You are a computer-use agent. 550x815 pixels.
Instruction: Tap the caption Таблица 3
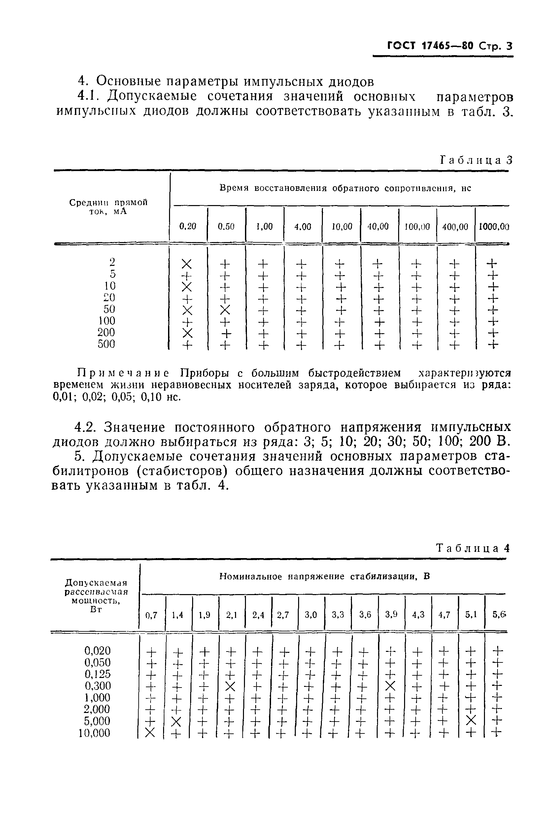(x=476, y=160)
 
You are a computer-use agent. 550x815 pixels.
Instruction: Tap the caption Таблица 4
(x=472, y=548)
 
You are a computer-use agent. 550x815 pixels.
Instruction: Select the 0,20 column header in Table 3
(x=188, y=227)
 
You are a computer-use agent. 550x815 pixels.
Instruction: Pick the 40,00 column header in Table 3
(x=378, y=227)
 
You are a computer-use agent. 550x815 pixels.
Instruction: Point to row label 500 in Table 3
(x=106, y=344)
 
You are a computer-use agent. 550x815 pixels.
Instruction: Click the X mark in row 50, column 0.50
(x=225, y=310)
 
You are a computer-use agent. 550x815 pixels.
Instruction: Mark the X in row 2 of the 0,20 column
(x=187, y=264)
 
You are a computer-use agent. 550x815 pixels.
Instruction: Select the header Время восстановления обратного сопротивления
(x=345, y=188)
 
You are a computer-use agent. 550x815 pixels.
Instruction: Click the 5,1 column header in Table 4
(x=471, y=615)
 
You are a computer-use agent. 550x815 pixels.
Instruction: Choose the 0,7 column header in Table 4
(x=151, y=615)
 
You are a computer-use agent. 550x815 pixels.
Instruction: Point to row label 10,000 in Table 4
(x=94, y=733)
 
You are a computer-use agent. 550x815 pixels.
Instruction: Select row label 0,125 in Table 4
(x=97, y=674)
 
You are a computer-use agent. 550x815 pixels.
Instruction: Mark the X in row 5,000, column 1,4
(x=177, y=721)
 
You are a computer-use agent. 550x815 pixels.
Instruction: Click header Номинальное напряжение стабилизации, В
(x=324, y=577)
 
